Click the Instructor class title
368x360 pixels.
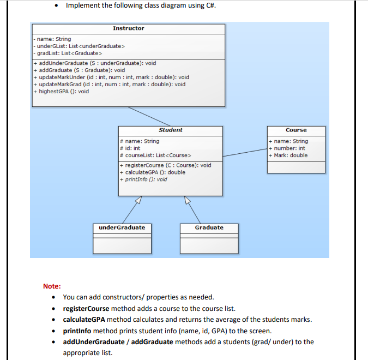point(129,28)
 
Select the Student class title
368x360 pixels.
point(170,130)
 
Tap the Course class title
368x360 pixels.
point(296,130)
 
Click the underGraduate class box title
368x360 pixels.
point(122,227)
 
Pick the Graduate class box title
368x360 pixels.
point(209,227)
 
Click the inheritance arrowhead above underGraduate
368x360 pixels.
point(137,200)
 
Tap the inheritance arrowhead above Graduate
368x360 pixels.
point(187,200)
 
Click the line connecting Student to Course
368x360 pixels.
point(245,152)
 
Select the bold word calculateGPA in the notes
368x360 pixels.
point(85,320)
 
